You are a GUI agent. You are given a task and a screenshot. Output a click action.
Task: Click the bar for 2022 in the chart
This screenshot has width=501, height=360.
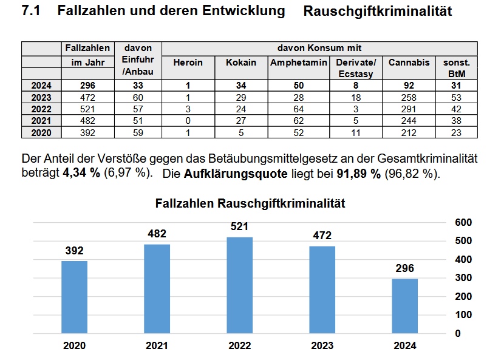pyautogui.click(x=239, y=285)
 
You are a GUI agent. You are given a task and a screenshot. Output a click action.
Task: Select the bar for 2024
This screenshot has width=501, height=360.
pyautogui.click(x=404, y=306)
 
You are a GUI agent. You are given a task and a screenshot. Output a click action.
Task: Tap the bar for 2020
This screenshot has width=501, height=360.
pyautogui.click(x=74, y=297)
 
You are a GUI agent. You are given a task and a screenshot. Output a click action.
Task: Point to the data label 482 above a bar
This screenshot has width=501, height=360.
pyautogui.click(x=157, y=234)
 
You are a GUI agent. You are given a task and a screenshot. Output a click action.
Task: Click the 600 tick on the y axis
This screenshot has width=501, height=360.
pyautogui.click(x=463, y=222)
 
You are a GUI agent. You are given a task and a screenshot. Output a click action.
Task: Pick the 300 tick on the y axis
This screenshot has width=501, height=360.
pyautogui.click(x=463, y=278)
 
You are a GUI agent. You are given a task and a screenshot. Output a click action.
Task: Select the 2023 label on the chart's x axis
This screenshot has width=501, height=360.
pyautogui.click(x=322, y=346)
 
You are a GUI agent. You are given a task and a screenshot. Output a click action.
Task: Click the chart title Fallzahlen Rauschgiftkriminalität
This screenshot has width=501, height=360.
pyautogui.click(x=250, y=203)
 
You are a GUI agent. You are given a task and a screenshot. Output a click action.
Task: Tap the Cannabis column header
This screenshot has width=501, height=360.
pyautogui.click(x=409, y=63)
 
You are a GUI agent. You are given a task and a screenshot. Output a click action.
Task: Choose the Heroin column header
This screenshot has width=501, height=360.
pyautogui.click(x=188, y=63)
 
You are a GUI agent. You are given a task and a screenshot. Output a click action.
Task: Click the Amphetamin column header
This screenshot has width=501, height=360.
pyautogui.click(x=299, y=63)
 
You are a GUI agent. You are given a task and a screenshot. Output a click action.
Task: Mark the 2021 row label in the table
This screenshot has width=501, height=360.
pyautogui.click(x=41, y=121)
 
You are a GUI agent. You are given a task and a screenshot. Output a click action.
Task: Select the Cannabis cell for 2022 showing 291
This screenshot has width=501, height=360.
pyautogui.click(x=409, y=109)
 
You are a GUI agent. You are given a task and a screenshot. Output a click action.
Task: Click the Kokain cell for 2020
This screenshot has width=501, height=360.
pyautogui.click(x=241, y=132)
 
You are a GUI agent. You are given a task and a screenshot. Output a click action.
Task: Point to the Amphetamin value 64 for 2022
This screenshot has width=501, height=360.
pyautogui.click(x=299, y=109)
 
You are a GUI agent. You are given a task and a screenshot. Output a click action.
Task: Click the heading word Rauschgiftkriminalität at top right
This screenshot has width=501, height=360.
pyautogui.click(x=377, y=12)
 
